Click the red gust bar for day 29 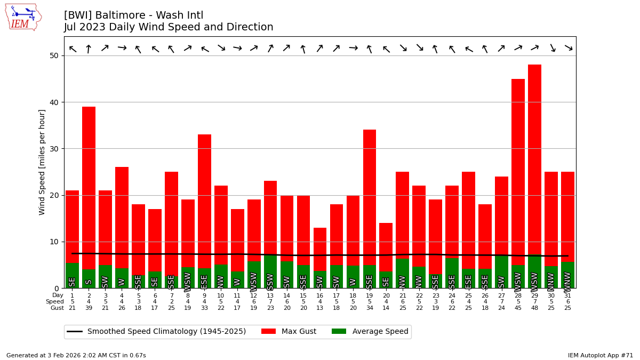534,160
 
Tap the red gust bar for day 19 370,197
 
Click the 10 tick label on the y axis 54,242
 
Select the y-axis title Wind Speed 42,162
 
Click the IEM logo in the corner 23,17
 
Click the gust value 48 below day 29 534,308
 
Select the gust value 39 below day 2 89,308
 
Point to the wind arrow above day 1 73,49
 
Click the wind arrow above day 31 568,48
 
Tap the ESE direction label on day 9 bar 204,281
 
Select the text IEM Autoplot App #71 601,355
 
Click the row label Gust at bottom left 57,308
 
